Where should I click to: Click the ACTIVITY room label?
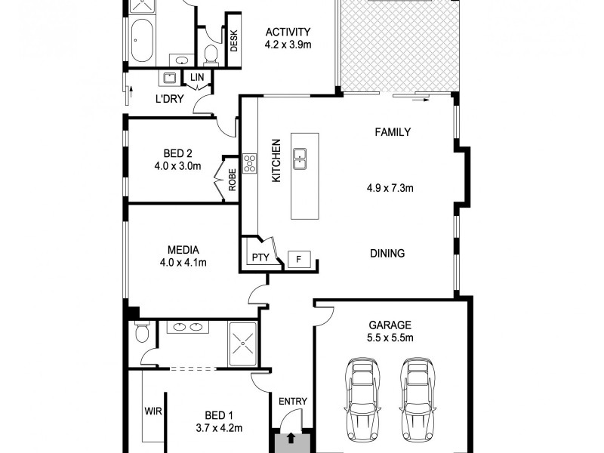point(288,32)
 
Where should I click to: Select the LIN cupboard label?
point(196,77)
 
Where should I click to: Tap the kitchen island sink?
point(300,157)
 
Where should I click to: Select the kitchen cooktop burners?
point(249,163)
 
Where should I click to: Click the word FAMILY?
point(393,132)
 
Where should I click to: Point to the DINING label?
point(388,254)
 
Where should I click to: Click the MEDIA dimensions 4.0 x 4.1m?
point(183,263)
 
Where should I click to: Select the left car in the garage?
point(361,399)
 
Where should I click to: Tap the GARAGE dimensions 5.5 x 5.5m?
point(392,337)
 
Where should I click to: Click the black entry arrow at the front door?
point(291,439)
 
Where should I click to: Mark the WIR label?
point(154,412)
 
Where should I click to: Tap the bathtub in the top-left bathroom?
point(140,39)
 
